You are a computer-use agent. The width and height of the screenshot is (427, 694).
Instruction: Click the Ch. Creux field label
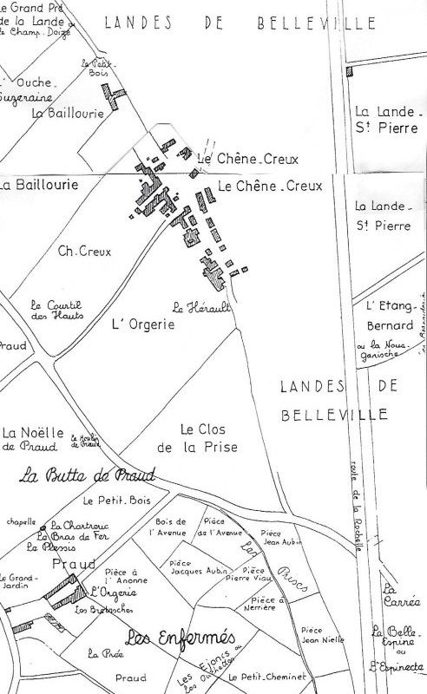pos(81,252)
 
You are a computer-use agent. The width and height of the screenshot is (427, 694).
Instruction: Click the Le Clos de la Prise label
pos(208,438)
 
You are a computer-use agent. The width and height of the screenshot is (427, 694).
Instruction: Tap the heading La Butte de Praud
pos(87,475)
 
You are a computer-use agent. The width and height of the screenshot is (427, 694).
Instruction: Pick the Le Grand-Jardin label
pos(16,582)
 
